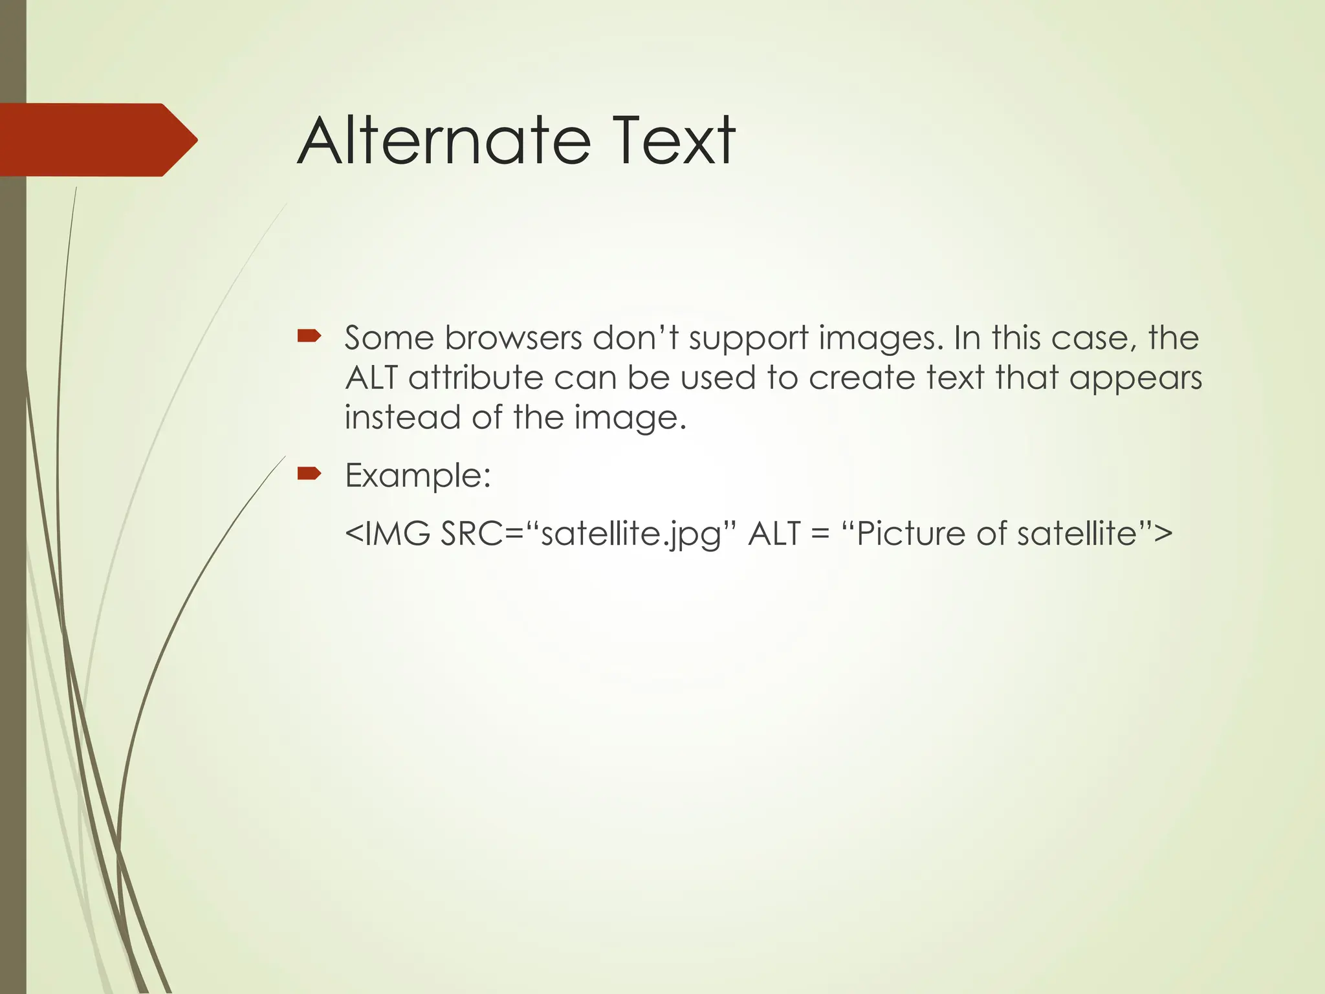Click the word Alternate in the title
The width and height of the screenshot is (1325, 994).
(444, 141)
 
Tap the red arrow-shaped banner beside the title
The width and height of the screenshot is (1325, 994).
(97, 140)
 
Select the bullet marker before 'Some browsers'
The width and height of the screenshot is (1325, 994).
(309, 336)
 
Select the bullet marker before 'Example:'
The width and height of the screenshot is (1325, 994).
(309, 474)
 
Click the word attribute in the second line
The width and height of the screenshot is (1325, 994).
(476, 379)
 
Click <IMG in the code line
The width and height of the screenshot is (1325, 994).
(388, 535)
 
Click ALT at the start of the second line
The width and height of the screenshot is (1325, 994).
(371, 379)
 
